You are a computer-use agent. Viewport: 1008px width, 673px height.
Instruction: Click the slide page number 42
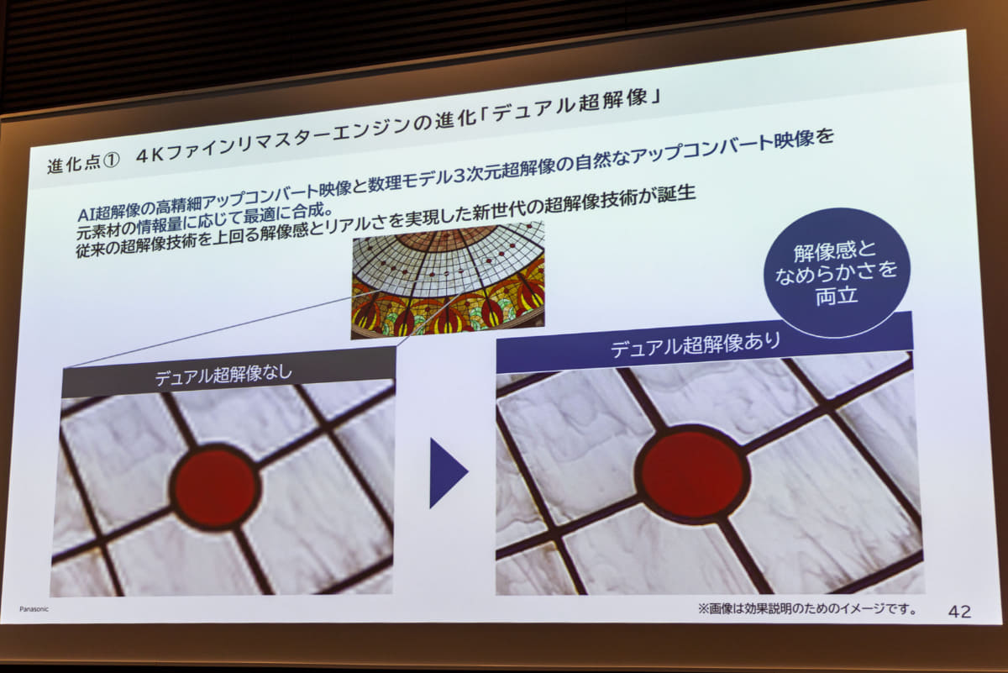click(959, 612)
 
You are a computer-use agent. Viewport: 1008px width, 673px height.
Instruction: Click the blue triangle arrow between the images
click(447, 472)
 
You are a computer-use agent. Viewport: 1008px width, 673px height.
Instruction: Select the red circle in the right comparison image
click(693, 473)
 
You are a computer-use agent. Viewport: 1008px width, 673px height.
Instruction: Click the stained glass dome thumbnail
click(448, 280)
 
